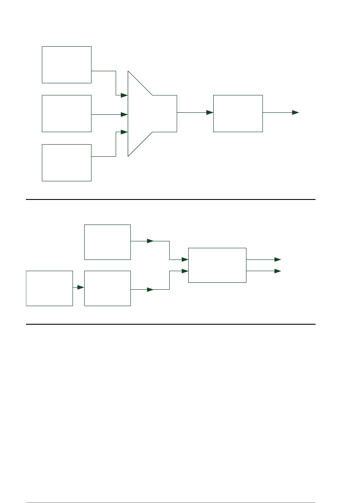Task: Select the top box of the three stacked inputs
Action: (66, 64)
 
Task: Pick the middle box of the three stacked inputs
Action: (66, 113)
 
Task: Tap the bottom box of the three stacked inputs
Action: (66, 162)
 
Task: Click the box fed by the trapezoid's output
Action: (238, 113)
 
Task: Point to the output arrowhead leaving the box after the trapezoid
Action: (296, 112)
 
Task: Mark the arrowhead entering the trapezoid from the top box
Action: (124, 95)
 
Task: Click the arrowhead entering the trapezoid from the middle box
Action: (124, 114)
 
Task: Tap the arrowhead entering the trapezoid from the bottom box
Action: (124, 131)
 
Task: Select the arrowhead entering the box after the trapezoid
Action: (210, 112)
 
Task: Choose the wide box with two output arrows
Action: (217, 265)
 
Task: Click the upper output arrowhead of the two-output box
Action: (278, 259)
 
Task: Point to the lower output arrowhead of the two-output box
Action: (278, 271)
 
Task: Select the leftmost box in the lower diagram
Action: (49, 288)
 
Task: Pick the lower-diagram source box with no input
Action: (107, 242)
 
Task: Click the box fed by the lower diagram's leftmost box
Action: (107, 288)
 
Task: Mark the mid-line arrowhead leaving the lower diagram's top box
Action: (150, 241)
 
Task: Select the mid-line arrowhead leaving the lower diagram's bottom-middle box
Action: (150, 290)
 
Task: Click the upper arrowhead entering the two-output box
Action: (185, 259)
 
